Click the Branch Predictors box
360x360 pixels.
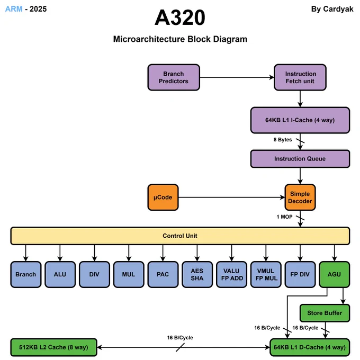pos(174,77)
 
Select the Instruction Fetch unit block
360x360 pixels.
pos(300,77)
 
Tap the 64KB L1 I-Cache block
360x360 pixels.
pos(300,120)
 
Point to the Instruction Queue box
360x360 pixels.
pos(300,159)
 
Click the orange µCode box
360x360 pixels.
pos(163,197)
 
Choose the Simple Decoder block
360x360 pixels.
pos(300,197)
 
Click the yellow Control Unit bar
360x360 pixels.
pos(180,236)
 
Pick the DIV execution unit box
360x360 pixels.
pos(94,274)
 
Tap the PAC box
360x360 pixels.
pos(163,274)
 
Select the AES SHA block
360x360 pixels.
pos(197,274)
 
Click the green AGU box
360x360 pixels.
pos(335,274)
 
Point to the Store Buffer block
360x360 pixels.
pos(325,313)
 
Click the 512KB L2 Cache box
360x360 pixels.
pos(53,347)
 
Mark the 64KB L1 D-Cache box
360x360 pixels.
pos(310,347)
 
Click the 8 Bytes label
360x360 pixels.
pos(283,140)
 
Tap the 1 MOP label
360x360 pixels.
pos(284,217)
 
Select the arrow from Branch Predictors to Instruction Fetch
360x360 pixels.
pos(237,77)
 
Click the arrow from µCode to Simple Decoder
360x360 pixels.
pos(232,197)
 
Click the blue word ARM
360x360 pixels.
pos(14,9)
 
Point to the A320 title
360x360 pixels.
pos(180,17)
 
